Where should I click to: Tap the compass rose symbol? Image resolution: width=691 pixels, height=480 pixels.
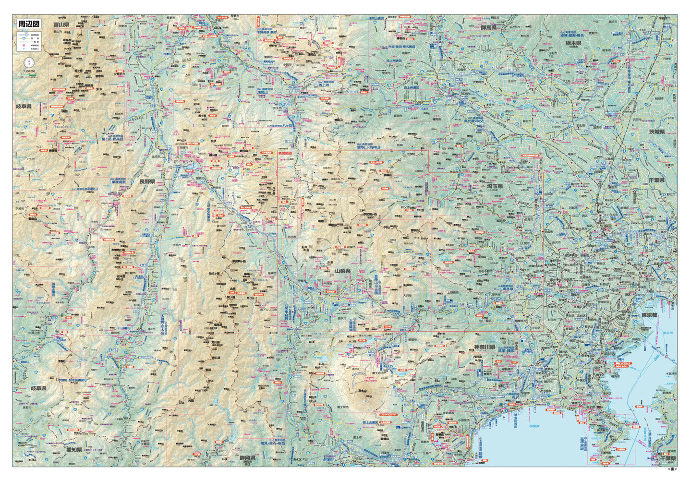click(30, 63)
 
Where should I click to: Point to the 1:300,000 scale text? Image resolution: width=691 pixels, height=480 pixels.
click(29, 72)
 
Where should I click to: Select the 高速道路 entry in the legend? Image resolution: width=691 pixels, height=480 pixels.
click(34, 36)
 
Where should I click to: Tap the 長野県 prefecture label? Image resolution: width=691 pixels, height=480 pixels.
click(147, 182)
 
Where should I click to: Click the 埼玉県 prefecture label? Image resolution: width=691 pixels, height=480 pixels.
click(493, 186)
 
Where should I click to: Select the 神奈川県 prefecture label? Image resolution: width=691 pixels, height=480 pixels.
click(485, 347)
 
